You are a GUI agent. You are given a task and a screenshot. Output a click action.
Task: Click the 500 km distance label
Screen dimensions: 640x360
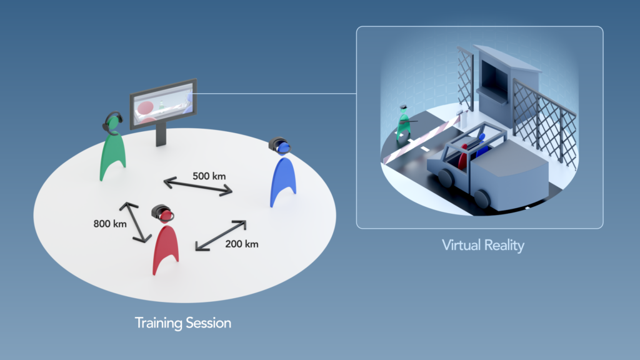(209, 176)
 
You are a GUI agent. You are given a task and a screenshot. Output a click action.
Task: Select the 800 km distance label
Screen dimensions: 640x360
(110, 224)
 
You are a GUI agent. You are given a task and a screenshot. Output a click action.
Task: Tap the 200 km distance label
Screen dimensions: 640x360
(242, 244)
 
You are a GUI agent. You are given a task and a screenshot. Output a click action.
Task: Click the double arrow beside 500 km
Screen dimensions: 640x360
(198, 186)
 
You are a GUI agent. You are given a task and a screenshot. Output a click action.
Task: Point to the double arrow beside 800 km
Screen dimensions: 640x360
(136, 222)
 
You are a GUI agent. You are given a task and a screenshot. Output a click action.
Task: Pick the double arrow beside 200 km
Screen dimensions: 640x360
(221, 236)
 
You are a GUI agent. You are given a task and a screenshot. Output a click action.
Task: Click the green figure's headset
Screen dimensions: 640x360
(112, 122)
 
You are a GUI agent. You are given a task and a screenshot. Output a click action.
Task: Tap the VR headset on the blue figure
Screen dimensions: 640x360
(279, 145)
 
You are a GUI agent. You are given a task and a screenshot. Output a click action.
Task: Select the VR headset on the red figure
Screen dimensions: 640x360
(162, 212)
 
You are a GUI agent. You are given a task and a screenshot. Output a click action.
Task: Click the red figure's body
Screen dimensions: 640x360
(165, 247)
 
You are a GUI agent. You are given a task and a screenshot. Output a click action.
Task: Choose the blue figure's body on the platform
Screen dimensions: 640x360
(283, 179)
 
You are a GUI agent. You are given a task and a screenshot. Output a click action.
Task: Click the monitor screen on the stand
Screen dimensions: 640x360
(164, 104)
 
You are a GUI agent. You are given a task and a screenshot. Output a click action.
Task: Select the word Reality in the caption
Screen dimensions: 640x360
(504, 245)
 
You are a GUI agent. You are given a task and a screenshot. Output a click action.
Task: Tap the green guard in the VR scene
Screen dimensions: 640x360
(403, 123)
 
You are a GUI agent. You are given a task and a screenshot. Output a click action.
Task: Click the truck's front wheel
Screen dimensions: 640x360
(481, 199)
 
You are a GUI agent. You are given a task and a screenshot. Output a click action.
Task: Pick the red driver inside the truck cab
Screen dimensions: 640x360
(463, 156)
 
